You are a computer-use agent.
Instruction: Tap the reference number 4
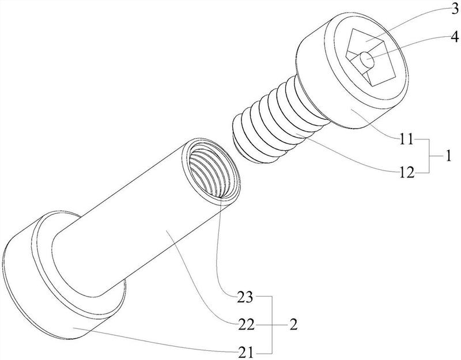(454, 37)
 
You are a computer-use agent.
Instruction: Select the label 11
(406, 139)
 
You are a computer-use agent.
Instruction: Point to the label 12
(407, 172)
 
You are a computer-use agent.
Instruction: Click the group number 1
(448, 156)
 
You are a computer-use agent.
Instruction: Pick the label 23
(245, 297)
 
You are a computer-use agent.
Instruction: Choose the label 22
(245, 325)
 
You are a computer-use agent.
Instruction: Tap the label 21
(245, 353)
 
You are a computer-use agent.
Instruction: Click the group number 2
(293, 325)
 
